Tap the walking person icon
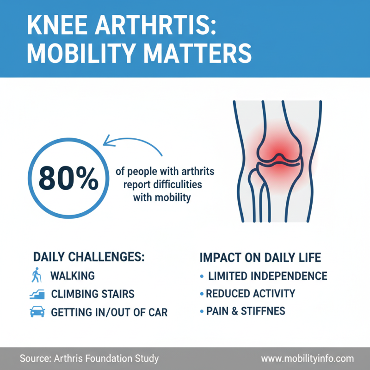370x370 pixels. tap(37, 276)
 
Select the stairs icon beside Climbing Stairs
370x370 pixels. tap(37, 294)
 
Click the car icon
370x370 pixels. tap(37, 312)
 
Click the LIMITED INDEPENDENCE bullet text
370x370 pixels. tap(267, 276)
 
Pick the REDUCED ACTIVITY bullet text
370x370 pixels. tap(250, 294)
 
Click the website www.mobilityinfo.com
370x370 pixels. tap(307, 359)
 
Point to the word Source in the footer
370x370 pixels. tap(35, 359)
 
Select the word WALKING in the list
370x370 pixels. tap(73, 276)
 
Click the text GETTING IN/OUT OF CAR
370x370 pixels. tap(109, 312)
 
